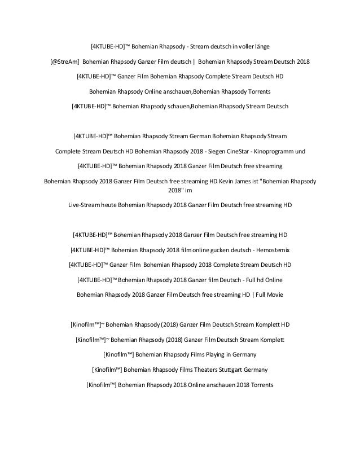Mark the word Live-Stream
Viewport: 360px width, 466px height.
[84, 204]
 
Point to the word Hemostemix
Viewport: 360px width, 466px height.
[270, 249]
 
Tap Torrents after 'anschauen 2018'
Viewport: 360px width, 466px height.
[256, 385]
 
